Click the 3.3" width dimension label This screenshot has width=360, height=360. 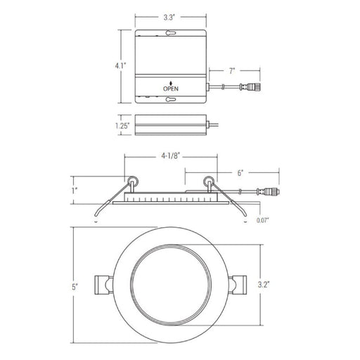[x=169, y=18]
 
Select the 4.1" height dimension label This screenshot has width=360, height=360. [x=120, y=66]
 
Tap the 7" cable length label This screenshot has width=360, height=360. [x=232, y=71]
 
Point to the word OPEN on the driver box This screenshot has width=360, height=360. [x=171, y=89]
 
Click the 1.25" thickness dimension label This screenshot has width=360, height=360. [x=122, y=126]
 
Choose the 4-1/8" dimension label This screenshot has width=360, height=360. [x=170, y=156]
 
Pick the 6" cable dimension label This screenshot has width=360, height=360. [x=240, y=173]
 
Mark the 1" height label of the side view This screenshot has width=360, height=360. [x=75, y=191]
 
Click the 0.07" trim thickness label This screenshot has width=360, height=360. [x=263, y=220]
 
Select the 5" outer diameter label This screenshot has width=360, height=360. [x=75, y=287]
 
